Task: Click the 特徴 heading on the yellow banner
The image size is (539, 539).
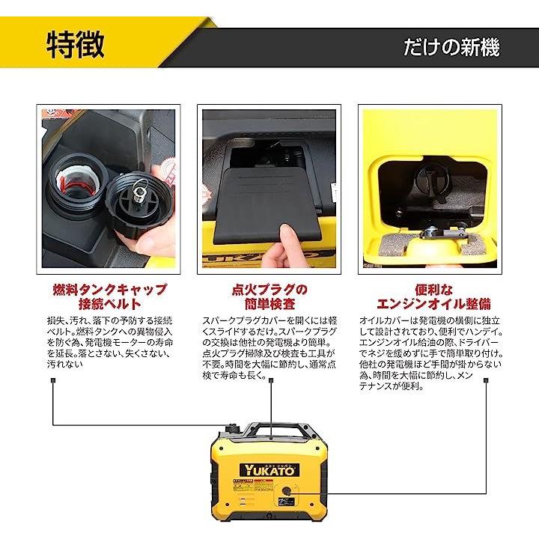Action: point(76,45)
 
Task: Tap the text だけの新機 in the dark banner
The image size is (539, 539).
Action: point(451,47)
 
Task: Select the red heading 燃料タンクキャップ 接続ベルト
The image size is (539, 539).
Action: point(109,296)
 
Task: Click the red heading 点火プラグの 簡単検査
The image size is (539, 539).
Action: point(269,296)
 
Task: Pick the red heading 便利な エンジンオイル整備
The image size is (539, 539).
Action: point(433,296)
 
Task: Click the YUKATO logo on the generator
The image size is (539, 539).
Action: point(269,470)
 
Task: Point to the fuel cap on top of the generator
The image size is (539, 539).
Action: point(233,429)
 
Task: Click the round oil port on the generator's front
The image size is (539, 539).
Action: point(286,491)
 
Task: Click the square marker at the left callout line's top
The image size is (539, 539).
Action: point(53,380)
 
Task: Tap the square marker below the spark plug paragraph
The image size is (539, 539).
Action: point(271,380)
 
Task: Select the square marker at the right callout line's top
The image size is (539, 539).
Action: point(486,380)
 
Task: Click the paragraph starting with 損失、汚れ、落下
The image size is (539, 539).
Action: point(109,342)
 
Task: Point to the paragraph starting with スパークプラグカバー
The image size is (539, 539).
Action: point(269,347)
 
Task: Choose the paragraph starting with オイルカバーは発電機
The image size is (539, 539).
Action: point(430,353)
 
